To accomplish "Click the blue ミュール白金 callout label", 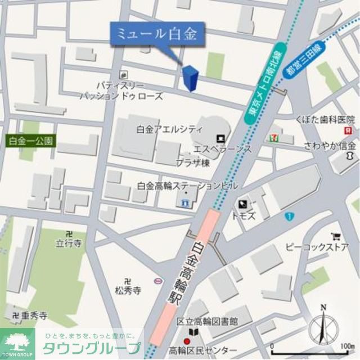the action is point(156,34).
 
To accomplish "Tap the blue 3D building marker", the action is point(190,78).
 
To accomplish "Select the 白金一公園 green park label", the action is point(31,140).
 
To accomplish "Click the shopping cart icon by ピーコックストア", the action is point(336,237).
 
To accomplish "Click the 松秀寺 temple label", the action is point(128,290).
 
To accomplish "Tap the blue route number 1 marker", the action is point(289,217).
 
